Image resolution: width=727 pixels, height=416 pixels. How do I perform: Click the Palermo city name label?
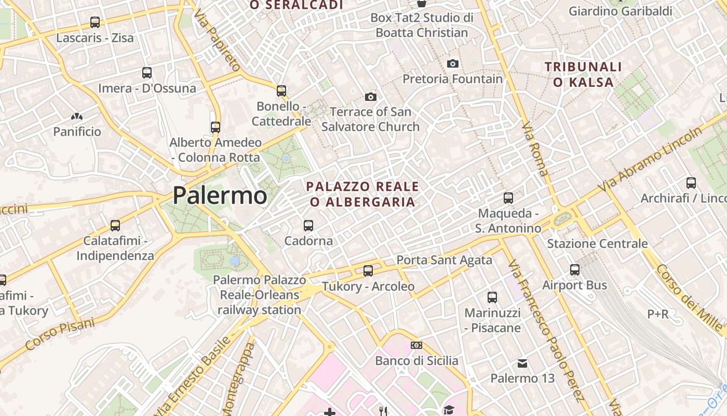(220, 196)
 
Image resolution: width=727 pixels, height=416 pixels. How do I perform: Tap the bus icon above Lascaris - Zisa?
(95, 22)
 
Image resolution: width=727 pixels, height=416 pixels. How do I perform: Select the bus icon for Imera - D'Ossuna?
(147, 73)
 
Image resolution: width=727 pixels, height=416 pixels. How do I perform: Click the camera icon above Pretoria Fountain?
(453, 64)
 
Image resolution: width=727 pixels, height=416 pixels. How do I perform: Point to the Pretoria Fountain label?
(453, 79)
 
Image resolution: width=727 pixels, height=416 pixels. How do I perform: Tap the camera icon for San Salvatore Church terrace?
(370, 97)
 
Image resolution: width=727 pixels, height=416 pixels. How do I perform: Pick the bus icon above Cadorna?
(308, 226)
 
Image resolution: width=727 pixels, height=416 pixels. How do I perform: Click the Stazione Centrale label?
(597, 243)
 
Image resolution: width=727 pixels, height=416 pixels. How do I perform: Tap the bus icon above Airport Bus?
(575, 270)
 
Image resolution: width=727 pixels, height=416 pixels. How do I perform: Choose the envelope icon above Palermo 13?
(522, 363)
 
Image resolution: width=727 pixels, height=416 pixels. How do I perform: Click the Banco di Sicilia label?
(416, 360)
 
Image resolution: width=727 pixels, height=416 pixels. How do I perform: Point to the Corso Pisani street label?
(60, 333)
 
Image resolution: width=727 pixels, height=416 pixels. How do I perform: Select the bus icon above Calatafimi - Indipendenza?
(115, 226)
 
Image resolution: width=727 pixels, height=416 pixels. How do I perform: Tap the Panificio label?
(77, 132)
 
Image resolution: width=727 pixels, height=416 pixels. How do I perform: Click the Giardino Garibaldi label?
(620, 11)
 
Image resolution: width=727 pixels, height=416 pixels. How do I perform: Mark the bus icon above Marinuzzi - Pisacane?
(492, 297)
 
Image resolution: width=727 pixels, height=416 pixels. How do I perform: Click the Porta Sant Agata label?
(444, 260)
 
